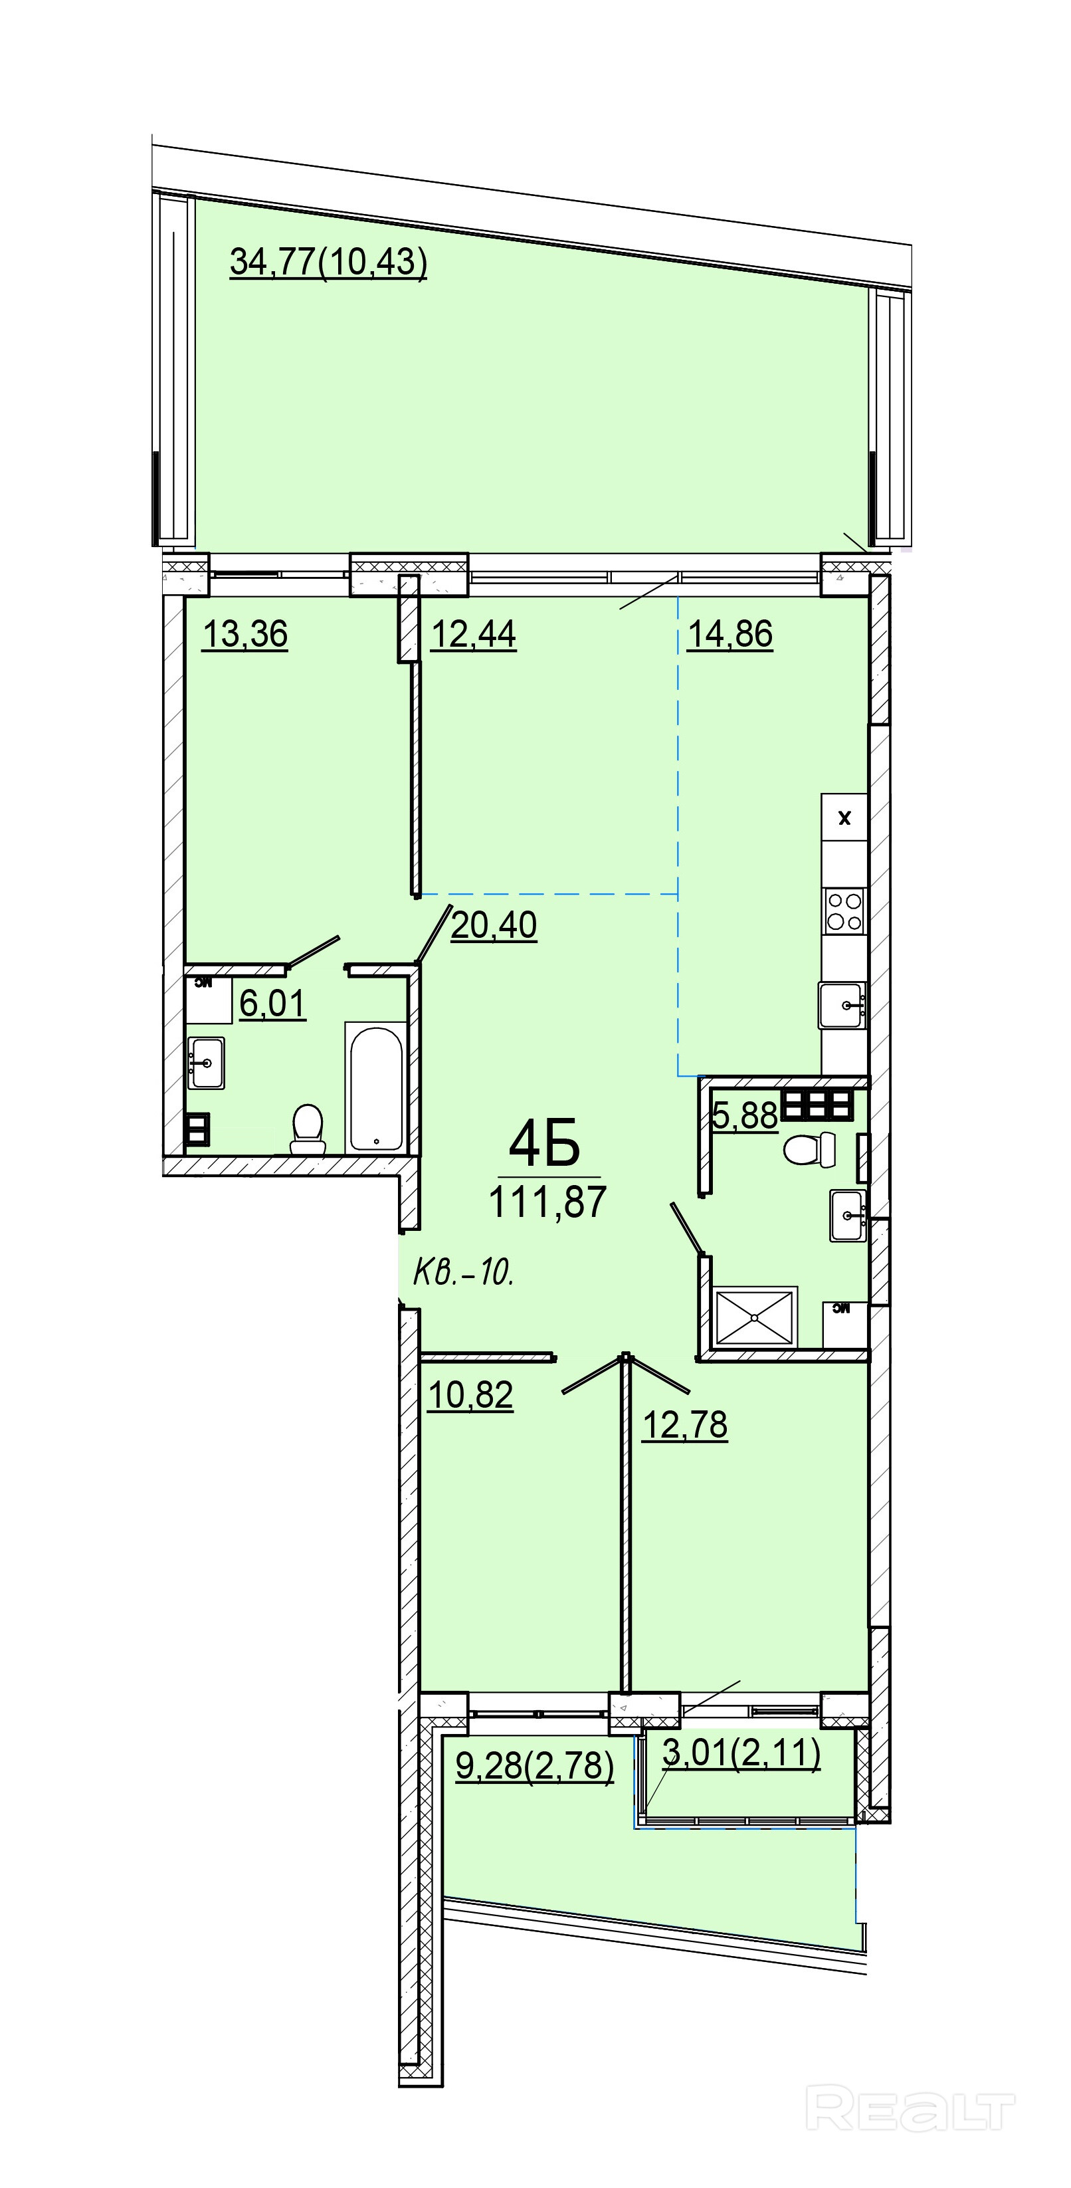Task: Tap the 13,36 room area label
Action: coord(244,635)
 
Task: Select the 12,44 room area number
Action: coord(474,635)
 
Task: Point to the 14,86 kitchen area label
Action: coord(730,635)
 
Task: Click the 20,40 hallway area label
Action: coord(494,925)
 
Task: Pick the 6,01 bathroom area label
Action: coord(272,1004)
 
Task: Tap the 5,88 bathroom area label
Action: coord(745,1115)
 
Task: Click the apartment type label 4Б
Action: coord(544,1143)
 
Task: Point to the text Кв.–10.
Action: coord(464,1273)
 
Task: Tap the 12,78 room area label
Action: coord(684,1424)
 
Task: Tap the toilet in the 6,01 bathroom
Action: coord(308,1128)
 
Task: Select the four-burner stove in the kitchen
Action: coord(844,911)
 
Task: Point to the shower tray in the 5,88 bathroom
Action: coord(756,1317)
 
